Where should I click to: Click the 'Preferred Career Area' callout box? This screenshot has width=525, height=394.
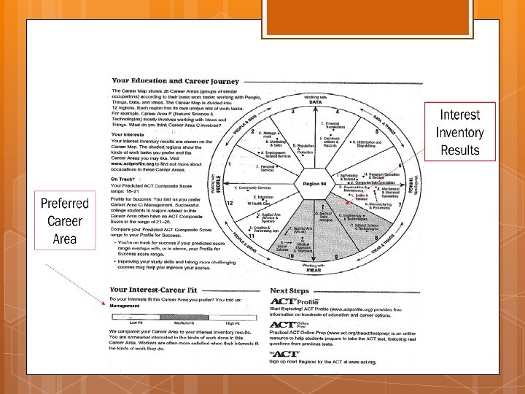coord(64,221)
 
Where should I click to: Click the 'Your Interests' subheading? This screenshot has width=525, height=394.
coord(128,134)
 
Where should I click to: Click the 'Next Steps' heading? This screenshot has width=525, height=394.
coord(290,290)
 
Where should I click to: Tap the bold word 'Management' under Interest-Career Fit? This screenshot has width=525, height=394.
coord(125,306)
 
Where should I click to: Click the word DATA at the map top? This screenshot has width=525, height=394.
coord(315,102)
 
